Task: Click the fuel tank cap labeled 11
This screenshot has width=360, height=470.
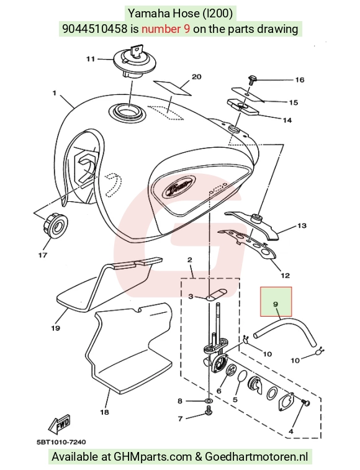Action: [133, 61]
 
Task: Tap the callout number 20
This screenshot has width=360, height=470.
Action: [196, 77]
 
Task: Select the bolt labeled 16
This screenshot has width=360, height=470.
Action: [252, 79]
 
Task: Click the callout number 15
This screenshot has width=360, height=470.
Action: [294, 102]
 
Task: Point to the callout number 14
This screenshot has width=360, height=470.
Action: [287, 120]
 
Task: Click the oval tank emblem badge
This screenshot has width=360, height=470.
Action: [179, 189]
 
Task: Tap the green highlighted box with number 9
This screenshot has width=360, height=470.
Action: [276, 302]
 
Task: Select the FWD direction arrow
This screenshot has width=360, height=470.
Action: [60, 424]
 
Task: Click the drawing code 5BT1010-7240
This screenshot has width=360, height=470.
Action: [61, 442]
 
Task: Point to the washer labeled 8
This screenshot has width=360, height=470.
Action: [209, 400]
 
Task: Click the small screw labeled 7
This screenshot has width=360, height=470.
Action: [208, 414]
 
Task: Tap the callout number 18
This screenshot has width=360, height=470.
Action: [104, 412]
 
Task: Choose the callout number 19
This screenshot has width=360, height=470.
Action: [55, 328]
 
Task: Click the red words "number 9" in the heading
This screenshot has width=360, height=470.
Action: [166, 29]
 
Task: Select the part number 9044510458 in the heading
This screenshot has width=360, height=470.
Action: [94, 29]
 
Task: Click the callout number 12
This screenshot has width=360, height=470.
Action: [285, 275]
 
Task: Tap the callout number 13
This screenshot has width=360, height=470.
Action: [302, 225]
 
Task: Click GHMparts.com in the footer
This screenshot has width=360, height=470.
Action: [152, 457]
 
